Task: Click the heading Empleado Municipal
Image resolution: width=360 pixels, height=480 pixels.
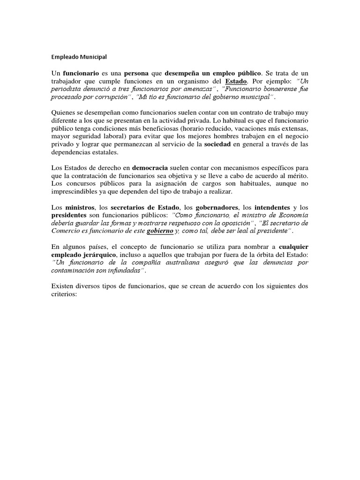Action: coord(79,57)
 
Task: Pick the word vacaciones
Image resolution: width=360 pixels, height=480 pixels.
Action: coord(247,129)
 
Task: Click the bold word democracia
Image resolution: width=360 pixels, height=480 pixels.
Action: coord(152,168)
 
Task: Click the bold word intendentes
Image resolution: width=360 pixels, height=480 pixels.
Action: coord(268,208)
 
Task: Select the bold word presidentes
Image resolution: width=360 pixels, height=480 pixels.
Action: coord(70,216)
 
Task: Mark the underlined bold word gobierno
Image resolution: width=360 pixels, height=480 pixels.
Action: coord(160,232)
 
